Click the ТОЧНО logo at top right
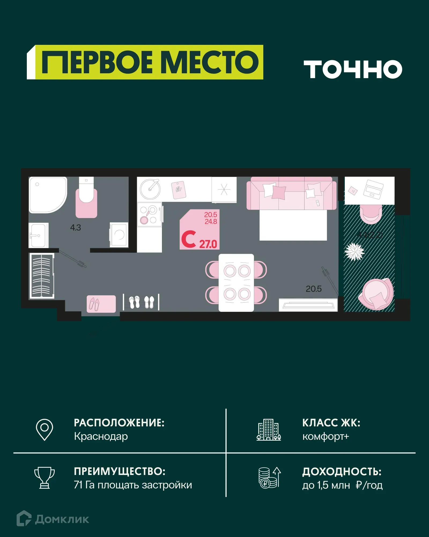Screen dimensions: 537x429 [x=353, y=69]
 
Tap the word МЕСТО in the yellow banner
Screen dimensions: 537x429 [x=211, y=62]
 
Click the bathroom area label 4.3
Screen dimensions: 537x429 [x=75, y=228]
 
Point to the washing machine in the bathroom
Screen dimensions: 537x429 [x=119, y=235]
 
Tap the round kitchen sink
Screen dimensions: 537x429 [x=150, y=189]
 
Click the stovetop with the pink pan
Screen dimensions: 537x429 [x=149, y=215]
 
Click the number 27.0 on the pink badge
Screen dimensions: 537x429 [x=208, y=244]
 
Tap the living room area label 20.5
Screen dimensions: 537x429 [x=313, y=289]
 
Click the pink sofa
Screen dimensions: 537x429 [x=291, y=193]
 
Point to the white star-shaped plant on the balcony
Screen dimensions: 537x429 [x=354, y=251]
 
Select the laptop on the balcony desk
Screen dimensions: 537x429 [x=373, y=189]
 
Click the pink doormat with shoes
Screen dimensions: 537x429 [x=101, y=304]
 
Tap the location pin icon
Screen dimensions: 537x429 [x=45, y=429]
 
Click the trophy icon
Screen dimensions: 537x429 [x=45, y=478]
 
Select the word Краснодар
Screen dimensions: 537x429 [x=101, y=436]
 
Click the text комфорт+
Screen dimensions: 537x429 [x=326, y=436]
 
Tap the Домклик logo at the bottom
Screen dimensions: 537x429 [x=53, y=519]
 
